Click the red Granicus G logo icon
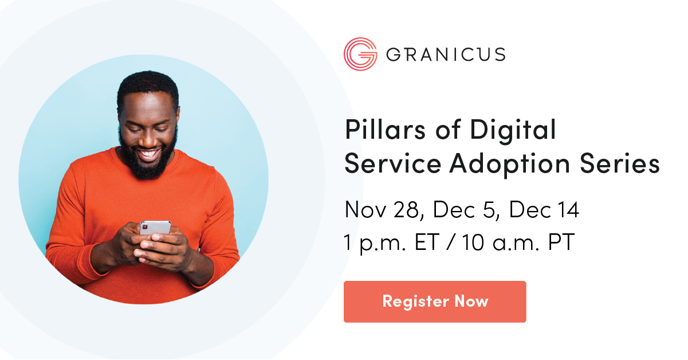coord(360,54)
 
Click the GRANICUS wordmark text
coord(446,54)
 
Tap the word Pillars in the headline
coord(385,130)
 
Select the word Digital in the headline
coord(513,130)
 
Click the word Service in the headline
coord(393,163)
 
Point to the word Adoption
coord(510,165)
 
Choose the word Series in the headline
coord(620,163)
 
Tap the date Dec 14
coord(544,210)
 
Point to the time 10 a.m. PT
coord(518,242)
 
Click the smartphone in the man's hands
coord(155,228)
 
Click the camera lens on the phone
coord(145,227)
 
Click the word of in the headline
coord(448,130)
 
